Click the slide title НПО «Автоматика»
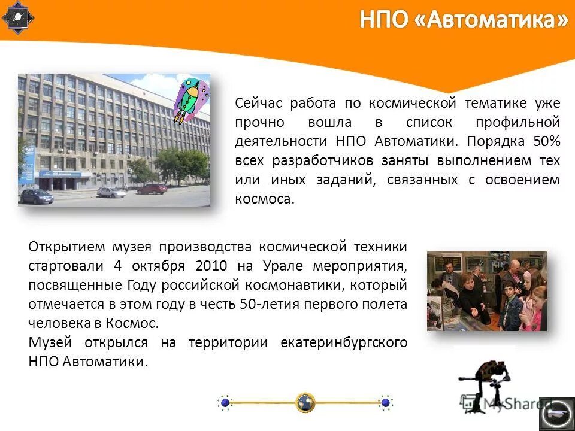[x=463, y=20]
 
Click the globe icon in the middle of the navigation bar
[x=305, y=402]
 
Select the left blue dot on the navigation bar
[x=225, y=403]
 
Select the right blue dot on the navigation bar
[x=386, y=403]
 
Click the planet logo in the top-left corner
[x=18, y=18]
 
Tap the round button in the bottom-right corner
[x=556, y=414]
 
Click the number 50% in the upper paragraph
[x=546, y=141]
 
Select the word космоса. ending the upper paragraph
[x=265, y=199]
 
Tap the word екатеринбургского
[x=344, y=342]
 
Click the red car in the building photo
[x=152, y=189]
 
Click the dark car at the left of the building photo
[x=37, y=195]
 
